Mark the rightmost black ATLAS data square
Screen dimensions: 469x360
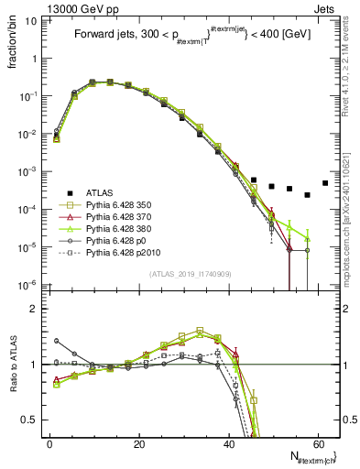click(x=325, y=182)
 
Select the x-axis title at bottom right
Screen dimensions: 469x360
click(x=311, y=457)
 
